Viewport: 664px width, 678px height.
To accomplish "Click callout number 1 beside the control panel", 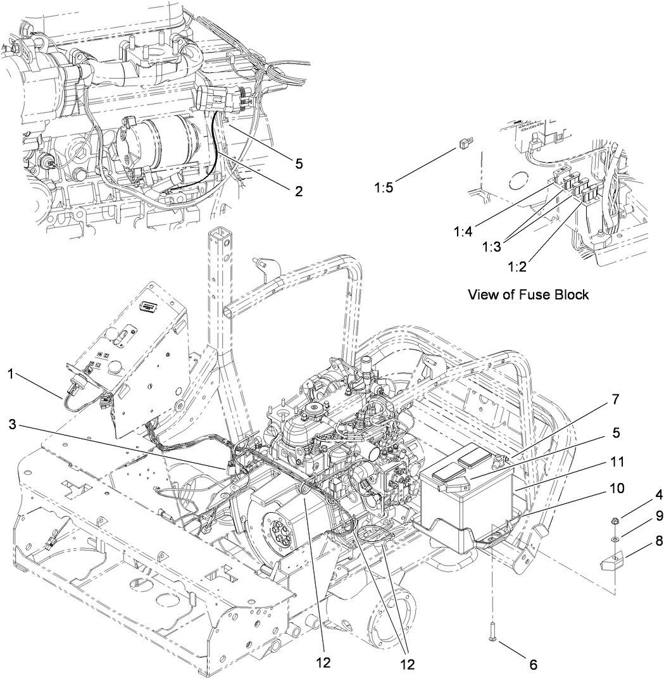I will point(10,374).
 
